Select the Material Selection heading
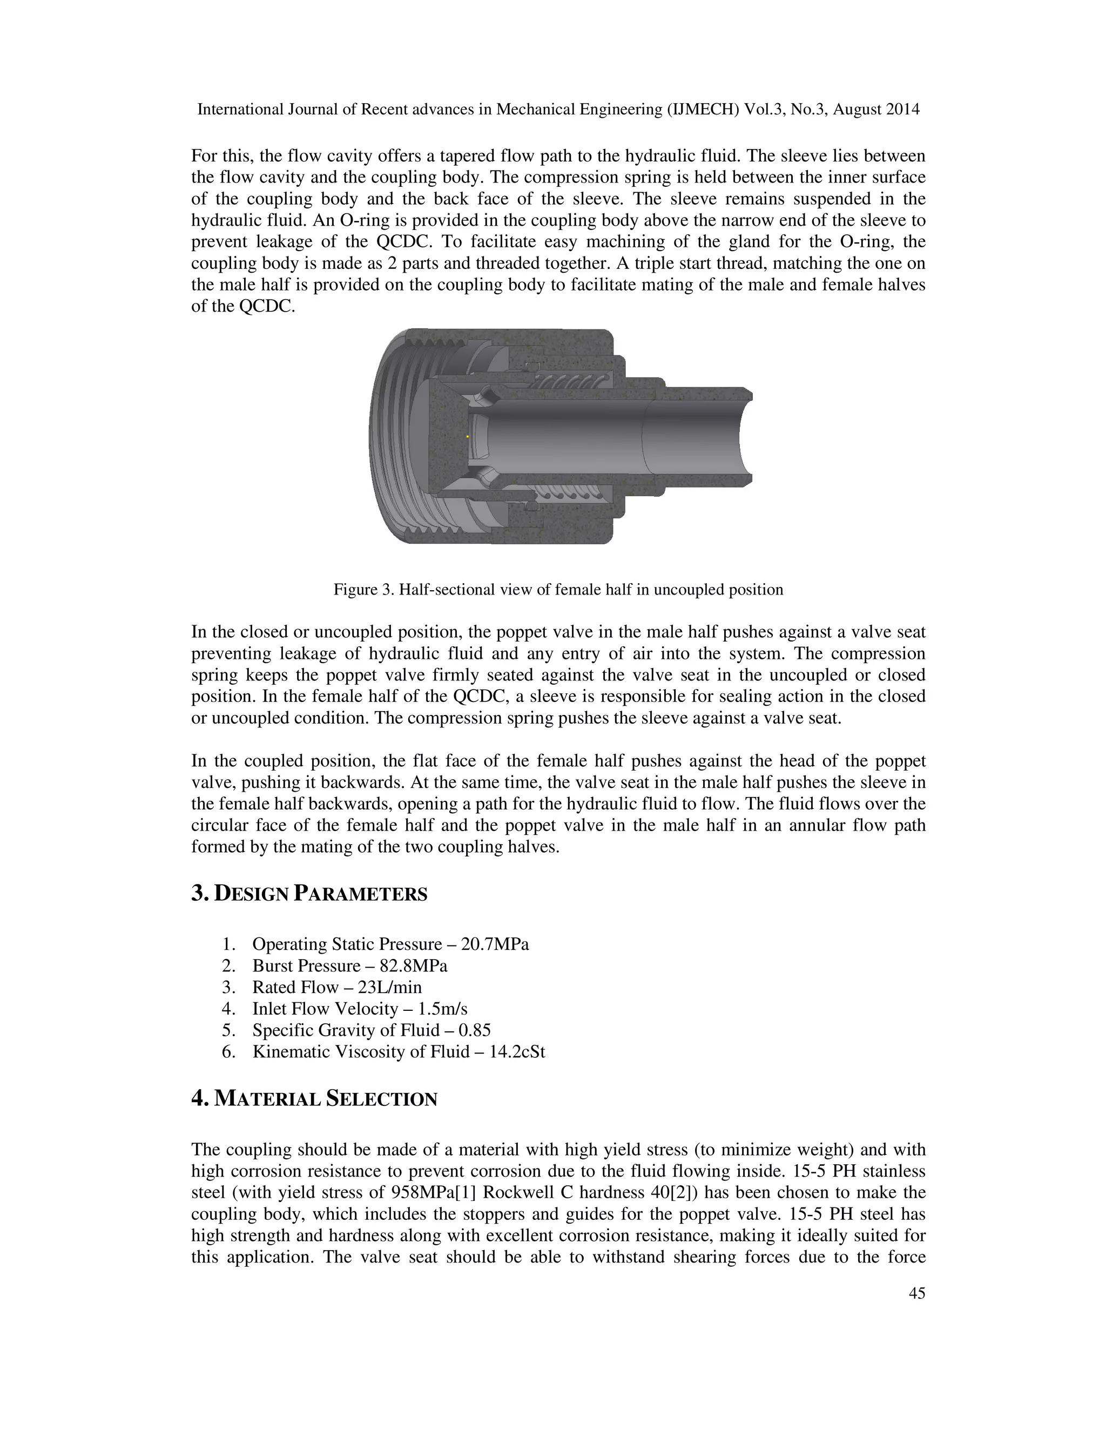point(314,1099)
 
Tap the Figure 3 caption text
point(558,590)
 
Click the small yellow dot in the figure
point(467,436)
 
